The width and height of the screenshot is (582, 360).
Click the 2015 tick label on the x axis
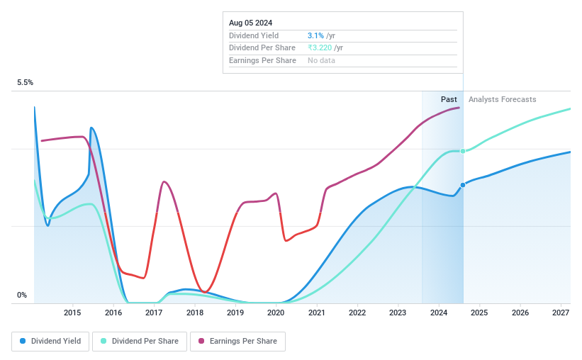(x=72, y=313)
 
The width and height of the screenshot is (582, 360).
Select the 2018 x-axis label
(x=195, y=313)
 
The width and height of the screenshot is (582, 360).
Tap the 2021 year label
(x=317, y=313)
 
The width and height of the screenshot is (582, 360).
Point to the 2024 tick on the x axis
(x=439, y=313)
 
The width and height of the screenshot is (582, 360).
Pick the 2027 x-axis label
(x=561, y=313)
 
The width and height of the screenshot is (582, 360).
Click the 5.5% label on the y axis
(x=26, y=83)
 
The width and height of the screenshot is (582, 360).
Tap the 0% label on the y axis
(x=22, y=296)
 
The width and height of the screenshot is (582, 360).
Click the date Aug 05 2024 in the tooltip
(x=250, y=23)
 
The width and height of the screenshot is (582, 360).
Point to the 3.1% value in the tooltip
(x=315, y=35)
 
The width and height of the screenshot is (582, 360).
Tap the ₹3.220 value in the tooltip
(x=320, y=47)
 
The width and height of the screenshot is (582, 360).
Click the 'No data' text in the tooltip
(x=321, y=60)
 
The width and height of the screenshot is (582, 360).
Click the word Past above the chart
(x=449, y=99)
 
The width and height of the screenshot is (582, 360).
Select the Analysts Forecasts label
(x=503, y=99)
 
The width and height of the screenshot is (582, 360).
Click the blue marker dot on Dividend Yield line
(x=463, y=185)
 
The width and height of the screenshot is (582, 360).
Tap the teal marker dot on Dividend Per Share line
(x=463, y=151)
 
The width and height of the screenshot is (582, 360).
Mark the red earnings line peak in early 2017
(x=164, y=182)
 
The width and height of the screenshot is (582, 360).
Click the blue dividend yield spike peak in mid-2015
(x=92, y=128)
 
